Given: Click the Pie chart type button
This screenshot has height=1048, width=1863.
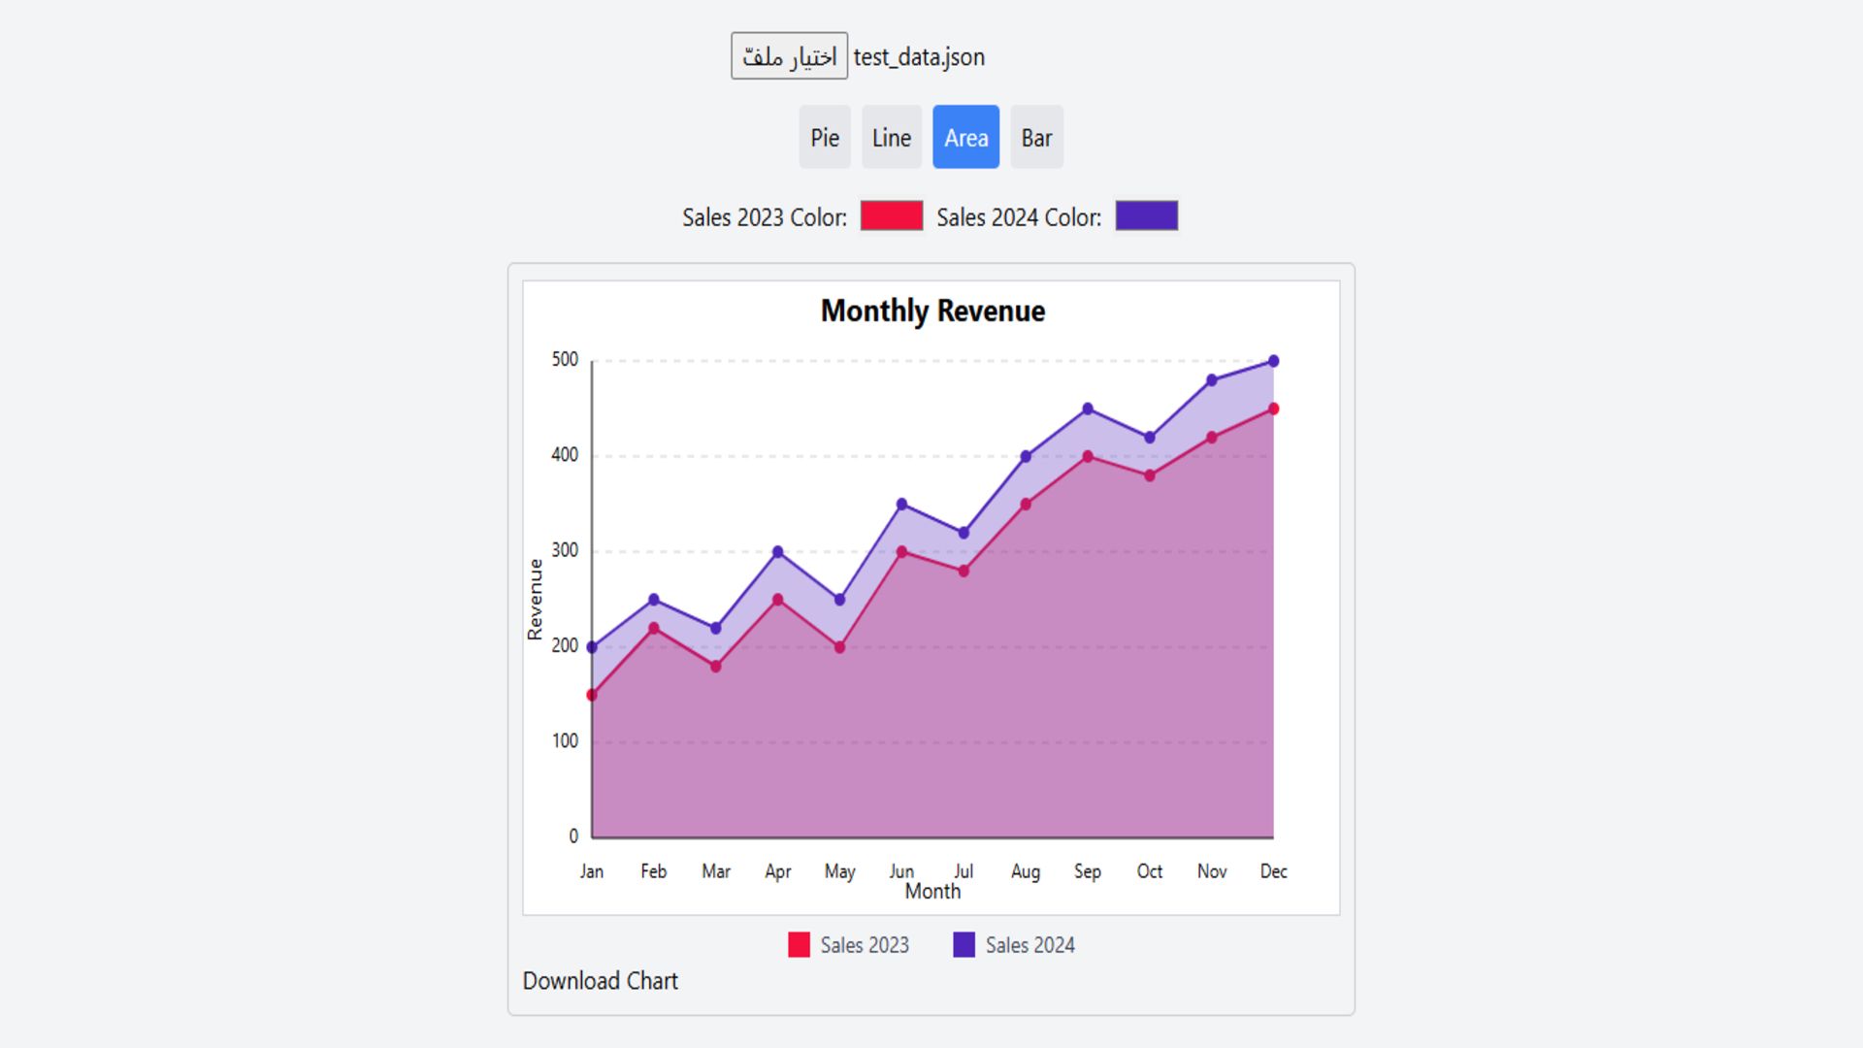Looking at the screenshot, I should click(x=824, y=138).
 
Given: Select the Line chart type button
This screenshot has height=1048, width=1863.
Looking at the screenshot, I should click(x=891, y=138).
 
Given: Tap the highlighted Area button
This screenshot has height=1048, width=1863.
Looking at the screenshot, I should click(x=965, y=138).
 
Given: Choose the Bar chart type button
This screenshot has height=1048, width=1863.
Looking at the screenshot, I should click(x=1036, y=138).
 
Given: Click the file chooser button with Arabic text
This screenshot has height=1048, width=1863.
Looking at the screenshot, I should click(x=789, y=56).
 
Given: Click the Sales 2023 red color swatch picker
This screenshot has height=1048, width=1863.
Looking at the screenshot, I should click(x=891, y=215).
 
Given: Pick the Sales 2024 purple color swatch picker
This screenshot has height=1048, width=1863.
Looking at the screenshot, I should click(x=1146, y=215).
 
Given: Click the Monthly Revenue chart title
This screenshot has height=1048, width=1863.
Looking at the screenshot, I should click(x=932, y=311).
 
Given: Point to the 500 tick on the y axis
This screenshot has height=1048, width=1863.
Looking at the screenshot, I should click(x=565, y=360).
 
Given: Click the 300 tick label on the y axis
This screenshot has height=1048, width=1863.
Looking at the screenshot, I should click(x=565, y=550).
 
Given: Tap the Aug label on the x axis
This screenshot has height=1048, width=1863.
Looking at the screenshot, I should click(x=1025, y=871).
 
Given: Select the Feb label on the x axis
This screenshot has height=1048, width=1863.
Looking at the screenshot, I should click(x=653, y=871).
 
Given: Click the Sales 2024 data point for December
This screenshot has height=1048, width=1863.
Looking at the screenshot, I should click(x=1273, y=361).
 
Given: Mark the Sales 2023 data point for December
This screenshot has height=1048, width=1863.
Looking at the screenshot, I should click(x=1273, y=409).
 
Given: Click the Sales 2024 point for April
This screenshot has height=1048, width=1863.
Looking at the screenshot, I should click(x=777, y=551).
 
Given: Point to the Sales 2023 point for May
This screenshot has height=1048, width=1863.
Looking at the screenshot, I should click(x=839, y=647).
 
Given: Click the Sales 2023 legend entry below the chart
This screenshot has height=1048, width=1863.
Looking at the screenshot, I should click(x=849, y=945).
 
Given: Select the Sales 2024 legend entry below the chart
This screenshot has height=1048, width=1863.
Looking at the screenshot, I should click(x=1014, y=945).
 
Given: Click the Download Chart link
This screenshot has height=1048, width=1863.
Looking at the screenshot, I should click(x=600, y=981).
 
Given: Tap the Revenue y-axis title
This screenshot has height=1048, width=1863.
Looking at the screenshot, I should click(x=535, y=599).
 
